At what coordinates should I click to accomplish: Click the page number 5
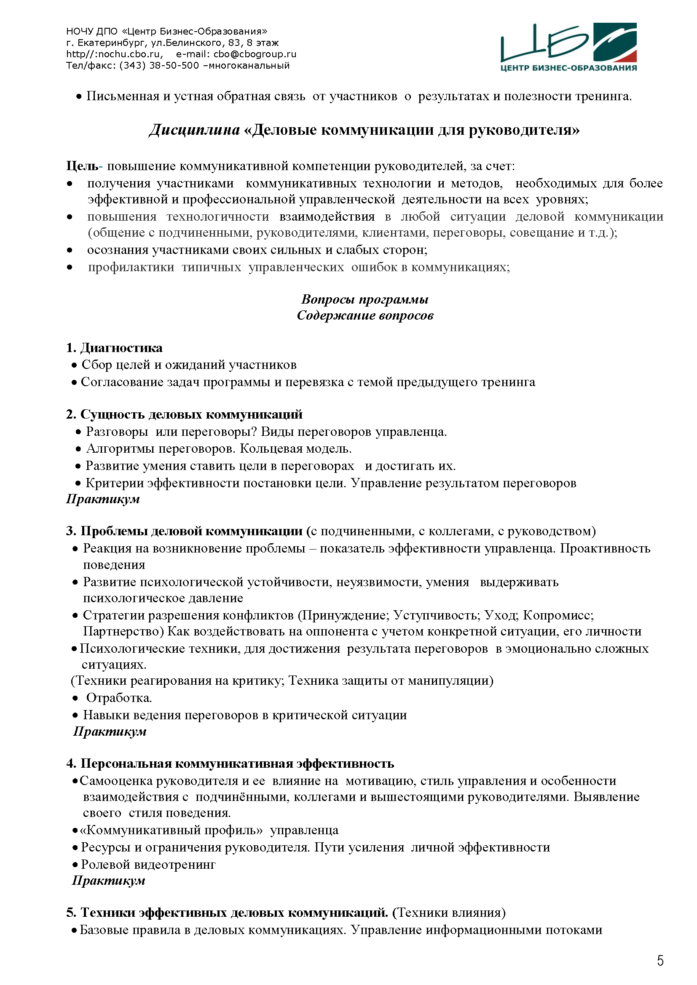[660, 961]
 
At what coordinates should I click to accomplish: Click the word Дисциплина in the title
[194, 130]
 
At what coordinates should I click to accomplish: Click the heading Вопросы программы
[365, 299]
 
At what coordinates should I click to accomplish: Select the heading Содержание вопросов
[365, 316]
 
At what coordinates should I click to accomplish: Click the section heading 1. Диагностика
[114, 348]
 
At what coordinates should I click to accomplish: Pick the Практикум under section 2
[103, 499]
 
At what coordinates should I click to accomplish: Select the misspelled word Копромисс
[558, 616]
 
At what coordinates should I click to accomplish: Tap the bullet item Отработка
[119, 698]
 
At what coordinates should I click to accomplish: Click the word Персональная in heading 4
[126, 763]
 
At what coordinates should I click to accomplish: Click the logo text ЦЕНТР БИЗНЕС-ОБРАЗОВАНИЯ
[568, 68]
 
